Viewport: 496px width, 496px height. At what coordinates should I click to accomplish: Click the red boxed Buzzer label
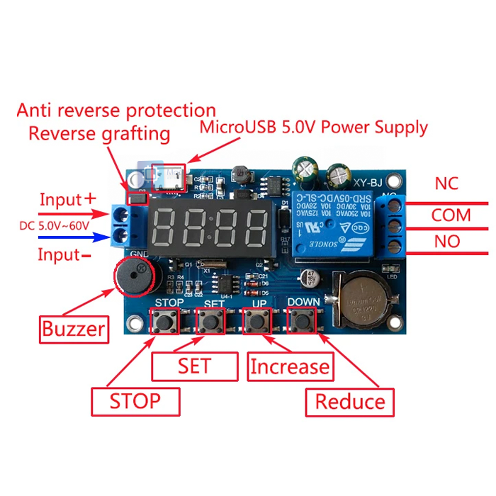(x=74, y=329)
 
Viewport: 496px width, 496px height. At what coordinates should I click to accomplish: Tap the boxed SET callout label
(x=194, y=366)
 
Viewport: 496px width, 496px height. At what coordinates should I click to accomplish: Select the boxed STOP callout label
(x=135, y=402)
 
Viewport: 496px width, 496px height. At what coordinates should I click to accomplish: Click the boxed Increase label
(x=291, y=366)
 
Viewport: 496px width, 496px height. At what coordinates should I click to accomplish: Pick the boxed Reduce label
(x=350, y=402)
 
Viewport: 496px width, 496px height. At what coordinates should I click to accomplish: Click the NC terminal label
(x=446, y=184)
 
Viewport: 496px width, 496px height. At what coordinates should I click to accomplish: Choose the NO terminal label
(x=447, y=242)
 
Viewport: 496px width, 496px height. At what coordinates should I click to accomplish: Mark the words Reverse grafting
(x=99, y=133)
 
